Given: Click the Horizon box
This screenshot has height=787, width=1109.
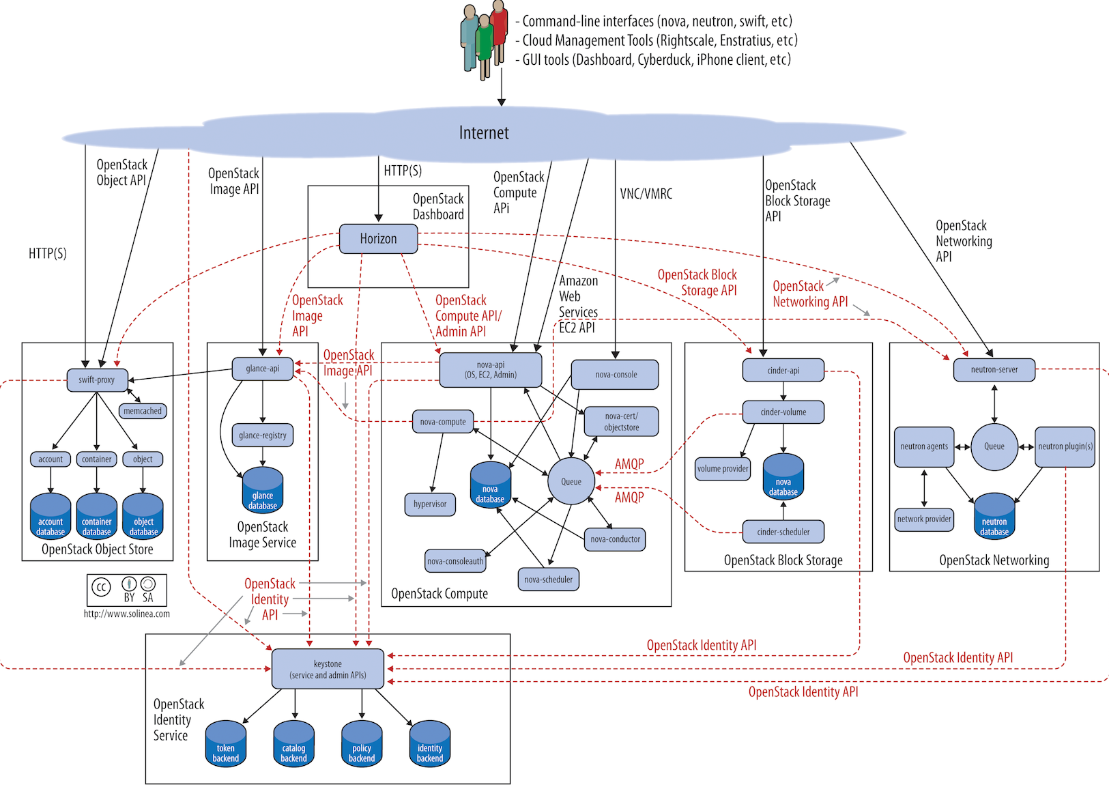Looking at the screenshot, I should tap(378, 239).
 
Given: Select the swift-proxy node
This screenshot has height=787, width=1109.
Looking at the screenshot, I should tap(97, 380).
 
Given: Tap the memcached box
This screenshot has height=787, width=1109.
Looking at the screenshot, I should tap(143, 411).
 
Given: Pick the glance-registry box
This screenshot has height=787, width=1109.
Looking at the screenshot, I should tap(263, 435).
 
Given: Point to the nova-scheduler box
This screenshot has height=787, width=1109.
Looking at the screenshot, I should tap(548, 579).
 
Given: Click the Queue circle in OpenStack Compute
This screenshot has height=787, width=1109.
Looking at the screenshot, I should tap(571, 481).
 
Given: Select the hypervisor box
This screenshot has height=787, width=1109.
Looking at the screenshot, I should tap(430, 504).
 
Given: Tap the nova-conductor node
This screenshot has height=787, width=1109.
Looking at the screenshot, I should tap(615, 539).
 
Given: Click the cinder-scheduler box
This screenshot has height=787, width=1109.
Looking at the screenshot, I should tap(783, 532).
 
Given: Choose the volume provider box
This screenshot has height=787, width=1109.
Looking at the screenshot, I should tap(723, 469).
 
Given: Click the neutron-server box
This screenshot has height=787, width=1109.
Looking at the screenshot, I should tap(994, 370).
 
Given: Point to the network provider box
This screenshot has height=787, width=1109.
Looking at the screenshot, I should tap(924, 519).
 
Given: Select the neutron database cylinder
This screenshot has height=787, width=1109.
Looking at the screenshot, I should tap(994, 517).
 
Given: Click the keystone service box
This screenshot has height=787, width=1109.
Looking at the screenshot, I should tap(328, 669).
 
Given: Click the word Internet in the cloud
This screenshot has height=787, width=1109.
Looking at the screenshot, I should tap(484, 133).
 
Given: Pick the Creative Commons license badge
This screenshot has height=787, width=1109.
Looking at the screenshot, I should tap(126, 590).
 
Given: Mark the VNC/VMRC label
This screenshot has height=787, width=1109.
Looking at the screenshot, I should tap(646, 194).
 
